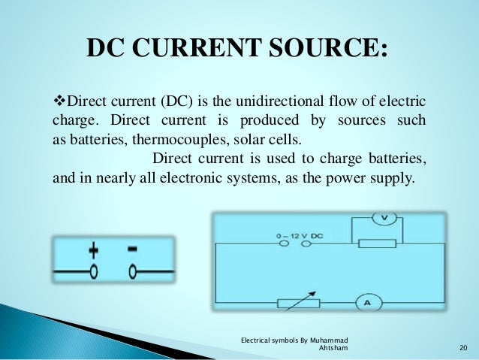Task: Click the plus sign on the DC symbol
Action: [94, 250]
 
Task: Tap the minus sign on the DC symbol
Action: [132, 249]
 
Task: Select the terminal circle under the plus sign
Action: [94, 271]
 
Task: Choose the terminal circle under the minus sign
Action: [132, 271]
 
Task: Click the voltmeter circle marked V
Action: [384, 218]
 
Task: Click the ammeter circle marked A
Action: [368, 303]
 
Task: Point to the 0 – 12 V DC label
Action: [299, 237]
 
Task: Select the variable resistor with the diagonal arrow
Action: [298, 303]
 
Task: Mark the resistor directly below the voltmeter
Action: [377, 244]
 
